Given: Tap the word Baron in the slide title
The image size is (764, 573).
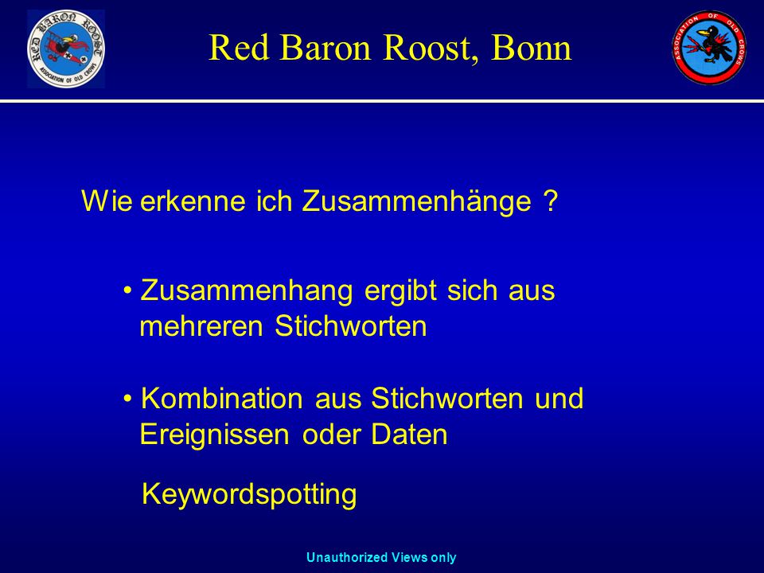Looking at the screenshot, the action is tap(325, 48).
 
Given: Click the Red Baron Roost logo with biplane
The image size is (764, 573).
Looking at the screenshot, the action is tap(66, 49).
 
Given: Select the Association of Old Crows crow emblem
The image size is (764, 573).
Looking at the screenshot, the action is tap(709, 47).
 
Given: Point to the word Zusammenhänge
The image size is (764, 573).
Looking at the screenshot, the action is tap(416, 201).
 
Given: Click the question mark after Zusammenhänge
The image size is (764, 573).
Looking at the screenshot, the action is tap(550, 201).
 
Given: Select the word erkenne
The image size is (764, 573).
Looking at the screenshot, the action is tap(193, 201).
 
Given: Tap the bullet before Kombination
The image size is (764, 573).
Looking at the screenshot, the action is tap(127, 399).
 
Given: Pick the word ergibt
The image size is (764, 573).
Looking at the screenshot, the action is tap(400, 292).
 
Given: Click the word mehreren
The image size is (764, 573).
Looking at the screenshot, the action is tap(201, 326).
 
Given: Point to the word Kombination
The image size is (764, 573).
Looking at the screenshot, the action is tap(222, 398).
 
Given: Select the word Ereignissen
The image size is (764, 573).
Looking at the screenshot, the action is tap(214, 435).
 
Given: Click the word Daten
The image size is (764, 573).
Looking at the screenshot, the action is tap(409, 435).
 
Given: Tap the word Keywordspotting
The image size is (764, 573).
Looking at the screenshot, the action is tap(249, 494).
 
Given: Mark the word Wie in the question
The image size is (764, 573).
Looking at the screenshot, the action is tap(107, 201).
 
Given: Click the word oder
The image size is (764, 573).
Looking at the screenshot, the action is tap(331, 435).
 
